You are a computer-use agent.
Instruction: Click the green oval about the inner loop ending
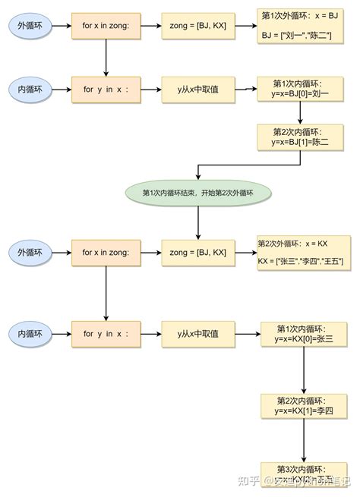click(197, 192)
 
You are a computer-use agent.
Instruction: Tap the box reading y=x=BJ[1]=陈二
click(301, 137)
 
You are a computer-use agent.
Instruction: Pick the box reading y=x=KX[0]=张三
click(304, 333)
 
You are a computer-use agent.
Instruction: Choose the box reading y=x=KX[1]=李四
click(304, 406)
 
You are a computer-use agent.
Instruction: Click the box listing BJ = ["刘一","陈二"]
click(301, 25)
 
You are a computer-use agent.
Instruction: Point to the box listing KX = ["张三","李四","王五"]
click(303, 253)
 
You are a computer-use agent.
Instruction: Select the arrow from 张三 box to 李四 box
click(304, 370)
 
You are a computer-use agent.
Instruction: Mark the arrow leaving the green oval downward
click(197, 222)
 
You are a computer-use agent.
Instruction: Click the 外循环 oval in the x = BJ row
click(32, 26)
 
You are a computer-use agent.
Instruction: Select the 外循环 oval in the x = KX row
click(32, 252)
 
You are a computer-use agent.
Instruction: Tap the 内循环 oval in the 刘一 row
click(32, 89)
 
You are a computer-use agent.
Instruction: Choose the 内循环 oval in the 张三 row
click(32, 333)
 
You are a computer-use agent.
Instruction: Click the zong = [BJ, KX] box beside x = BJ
click(197, 26)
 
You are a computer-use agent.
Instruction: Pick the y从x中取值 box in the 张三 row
click(197, 333)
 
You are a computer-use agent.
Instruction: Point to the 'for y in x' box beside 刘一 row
click(106, 89)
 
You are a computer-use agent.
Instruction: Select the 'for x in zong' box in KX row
click(106, 252)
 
